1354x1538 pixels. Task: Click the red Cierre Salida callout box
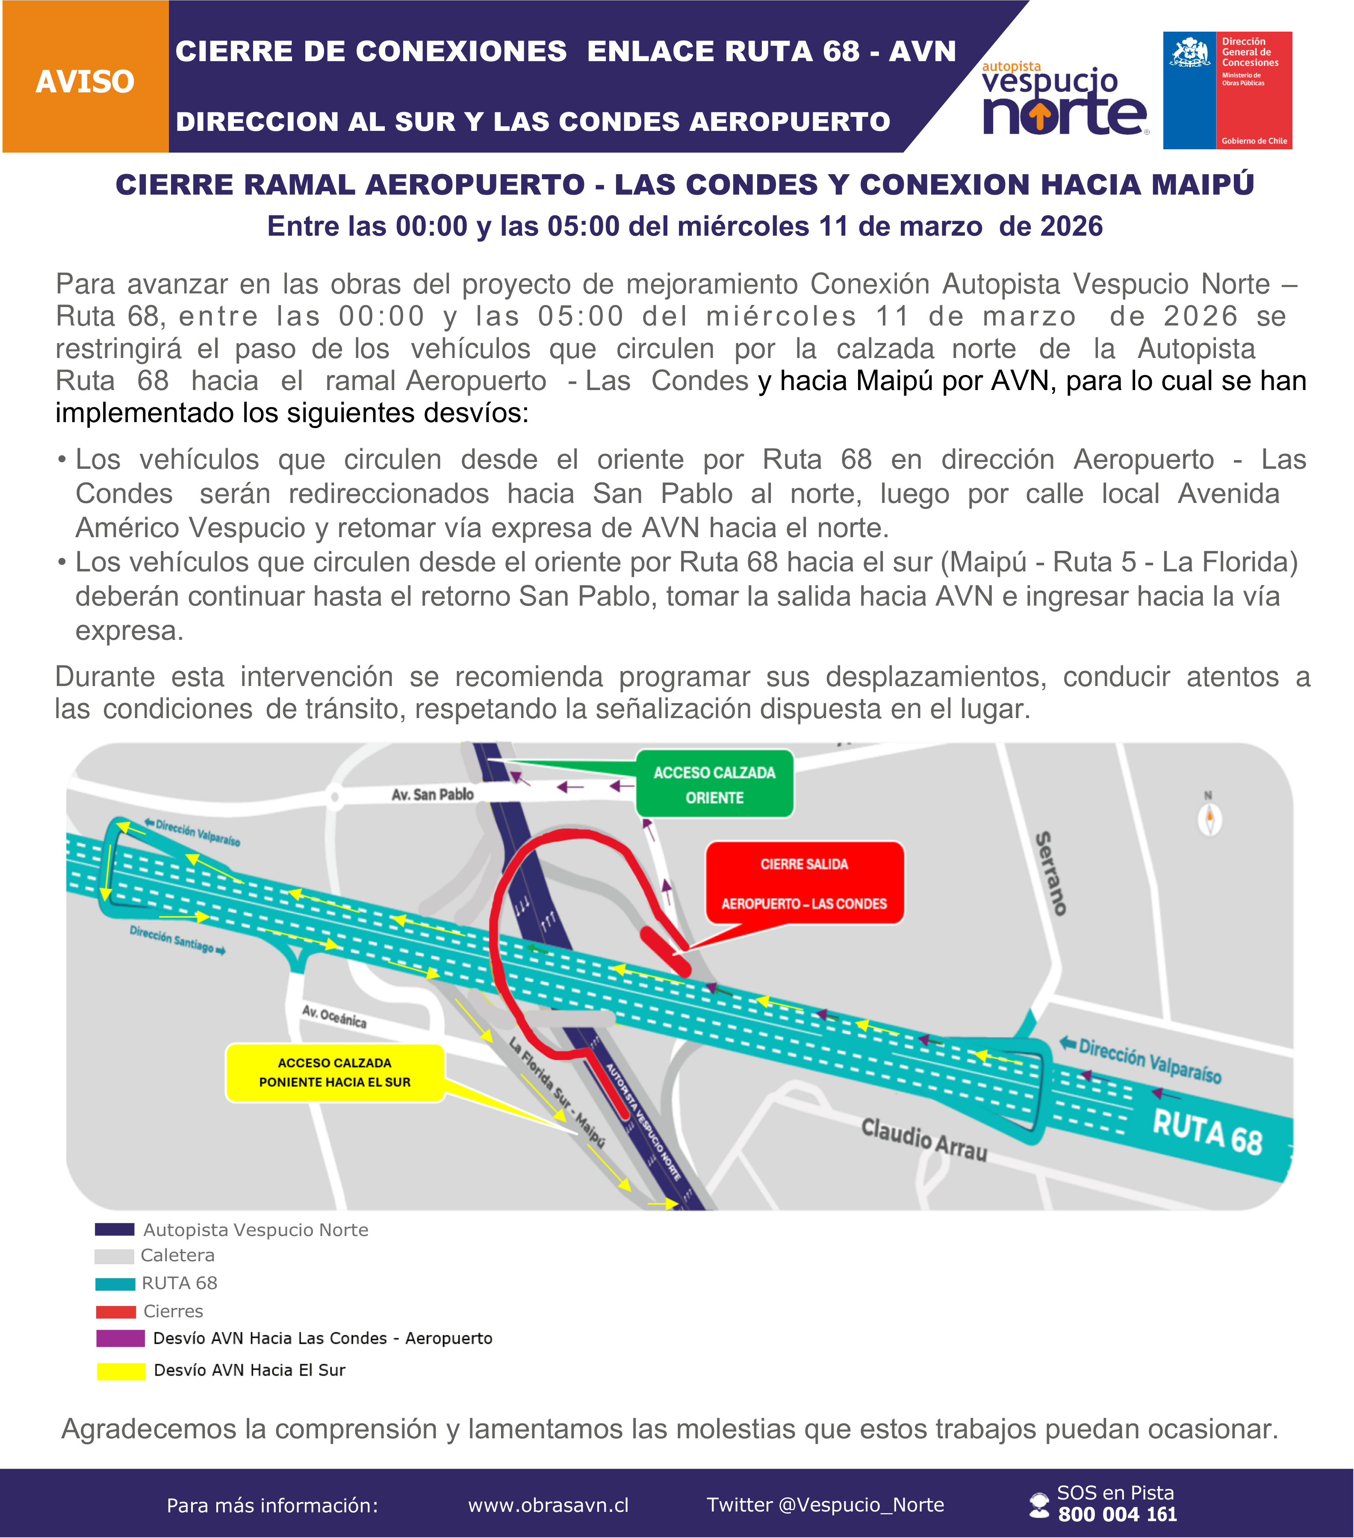pos(804,883)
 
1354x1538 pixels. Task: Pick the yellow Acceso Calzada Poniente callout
pos(335,1072)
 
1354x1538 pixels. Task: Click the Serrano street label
pos(1052,873)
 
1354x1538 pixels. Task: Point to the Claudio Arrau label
pos(924,1139)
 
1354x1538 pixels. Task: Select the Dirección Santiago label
pos(177,940)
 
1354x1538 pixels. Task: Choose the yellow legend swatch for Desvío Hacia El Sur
pos(121,1371)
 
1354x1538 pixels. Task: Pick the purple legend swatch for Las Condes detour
pos(121,1339)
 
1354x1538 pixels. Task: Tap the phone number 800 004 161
pos(1117,1514)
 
